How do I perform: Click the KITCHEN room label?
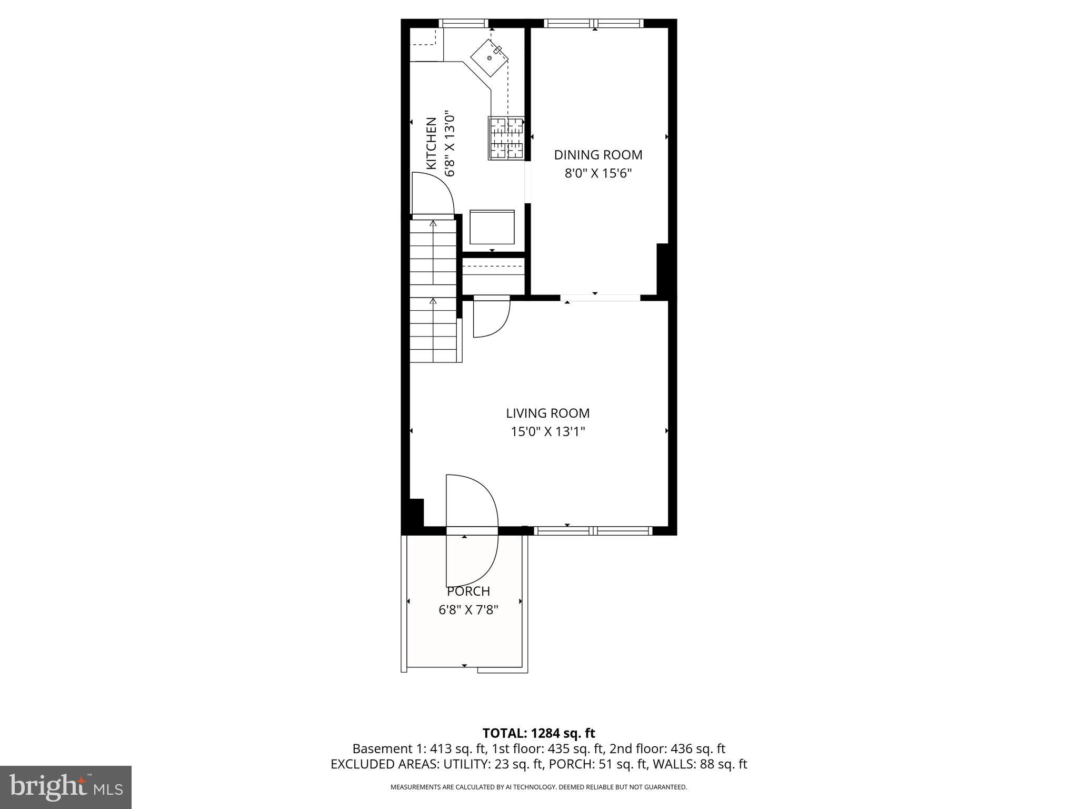pyautogui.click(x=431, y=143)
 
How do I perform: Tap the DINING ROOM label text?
pyautogui.click(x=598, y=155)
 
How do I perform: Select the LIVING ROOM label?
pyautogui.click(x=547, y=413)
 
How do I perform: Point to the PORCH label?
pyautogui.click(x=468, y=591)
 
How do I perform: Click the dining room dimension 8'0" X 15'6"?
pyautogui.click(x=598, y=173)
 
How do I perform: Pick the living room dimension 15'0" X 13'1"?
pyautogui.click(x=547, y=432)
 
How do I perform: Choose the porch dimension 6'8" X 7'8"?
pyautogui.click(x=468, y=610)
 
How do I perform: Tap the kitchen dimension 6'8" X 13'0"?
pyautogui.click(x=449, y=143)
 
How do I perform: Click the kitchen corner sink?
pyautogui.click(x=490, y=57)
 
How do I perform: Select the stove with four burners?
pyautogui.click(x=507, y=138)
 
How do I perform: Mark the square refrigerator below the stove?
pyautogui.click(x=492, y=227)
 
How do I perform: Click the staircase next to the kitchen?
pyautogui.click(x=433, y=291)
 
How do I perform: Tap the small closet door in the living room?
pyautogui.click(x=491, y=316)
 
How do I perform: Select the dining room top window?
pyautogui.click(x=594, y=23)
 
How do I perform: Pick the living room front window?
pyautogui.click(x=593, y=531)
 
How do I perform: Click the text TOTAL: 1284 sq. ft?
pyautogui.click(x=538, y=733)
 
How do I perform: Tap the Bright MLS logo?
pyautogui.click(x=66, y=787)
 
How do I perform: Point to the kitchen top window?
pyautogui.click(x=464, y=23)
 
